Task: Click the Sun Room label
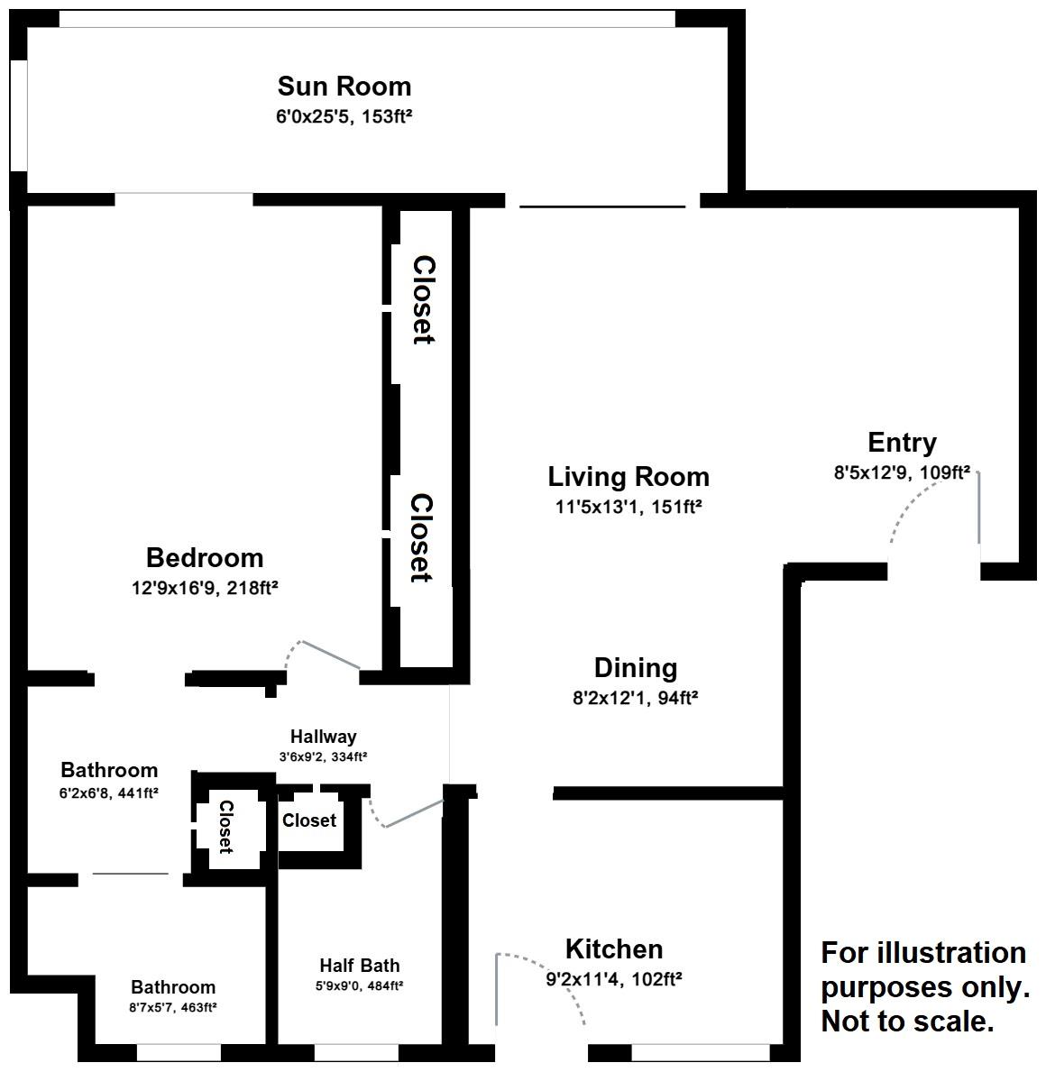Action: coord(344,87)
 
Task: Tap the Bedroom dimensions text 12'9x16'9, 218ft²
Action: coord(204,588)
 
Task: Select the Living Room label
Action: coord(629,476)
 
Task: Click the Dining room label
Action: coord(635,668)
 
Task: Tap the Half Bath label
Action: coord(359,966)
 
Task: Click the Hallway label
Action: coord(323,737)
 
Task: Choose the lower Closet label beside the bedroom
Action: coord(421,537)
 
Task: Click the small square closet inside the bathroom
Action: coord(225,827)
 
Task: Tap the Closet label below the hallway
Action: coord(309,820)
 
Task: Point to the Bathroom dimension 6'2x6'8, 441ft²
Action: coord(109,793)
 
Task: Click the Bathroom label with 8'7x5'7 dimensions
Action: coord(173,987)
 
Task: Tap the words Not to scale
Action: coord(907,1022)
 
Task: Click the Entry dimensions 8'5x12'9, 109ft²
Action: coord(902,472)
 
